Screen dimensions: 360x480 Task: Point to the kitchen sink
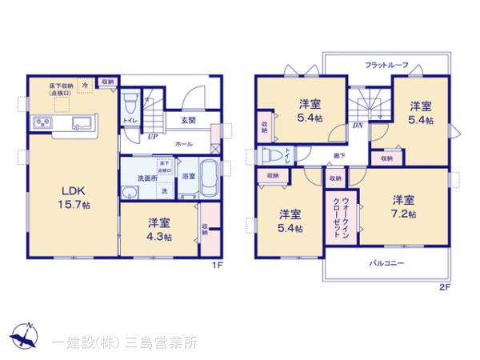[80, 124]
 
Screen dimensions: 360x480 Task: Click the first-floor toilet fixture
[131, 103]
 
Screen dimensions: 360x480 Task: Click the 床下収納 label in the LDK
[60, 88]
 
